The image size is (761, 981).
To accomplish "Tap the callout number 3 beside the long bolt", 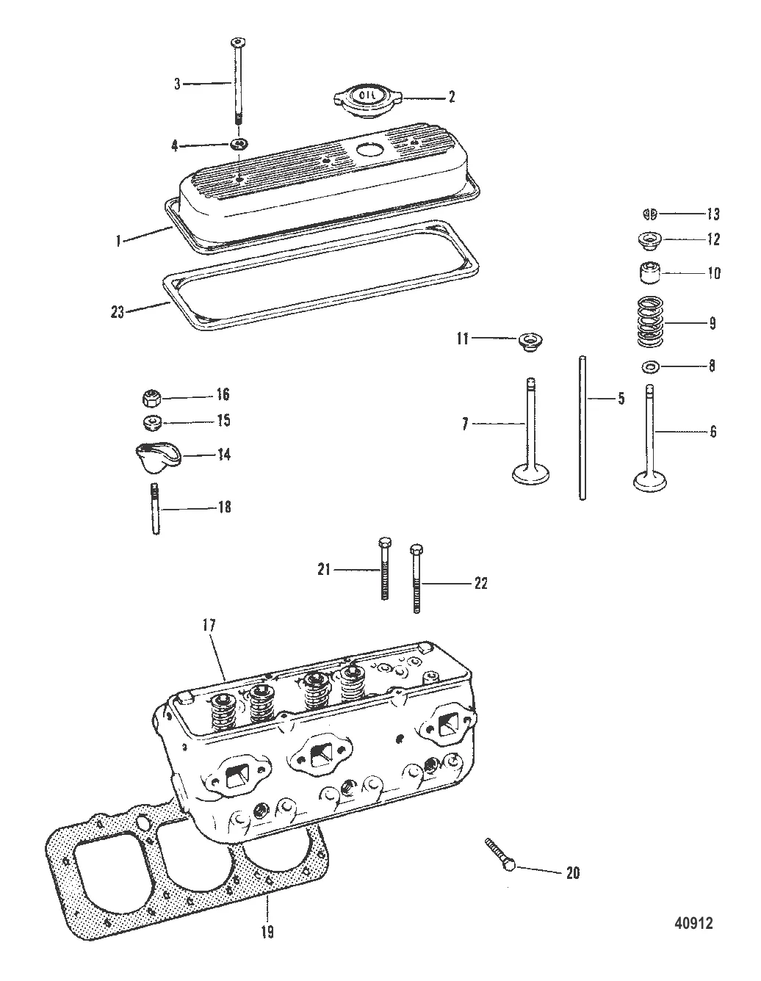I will click(177, 84).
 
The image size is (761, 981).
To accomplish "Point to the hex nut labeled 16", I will click(151, 398).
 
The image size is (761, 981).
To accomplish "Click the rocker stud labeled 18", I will click(155, 507).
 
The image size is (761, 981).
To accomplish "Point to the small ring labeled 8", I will click(650, 366).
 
